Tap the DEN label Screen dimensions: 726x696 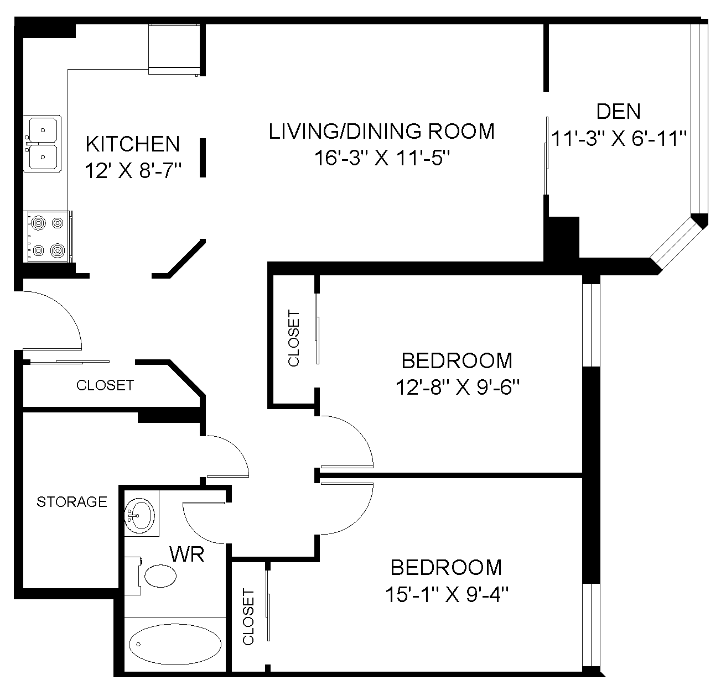pyautogui.click(x=618, y=112)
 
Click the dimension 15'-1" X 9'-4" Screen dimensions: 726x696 pyautogui.click(x=447, y=594)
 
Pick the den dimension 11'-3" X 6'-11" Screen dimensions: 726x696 pyautogui.click(x=619, y=139)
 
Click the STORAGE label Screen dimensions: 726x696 pyautogui.click(x=71, y=502)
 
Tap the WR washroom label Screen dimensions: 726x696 pyautogui.click(x=187, y=554)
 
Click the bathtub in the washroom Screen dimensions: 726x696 pyautogui.click(x=175, y=644)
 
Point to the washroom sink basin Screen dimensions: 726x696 pyautogui.click(x=139, y=515)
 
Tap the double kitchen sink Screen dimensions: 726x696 pyautogui.click(x=42, y=144)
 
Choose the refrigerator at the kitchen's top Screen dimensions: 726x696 pyautogui.click(x=174, y=49)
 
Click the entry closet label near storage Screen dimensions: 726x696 pyautogui.click(x=105, y=385)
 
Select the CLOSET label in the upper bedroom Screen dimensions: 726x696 pyautogui.click(x=294, y=338)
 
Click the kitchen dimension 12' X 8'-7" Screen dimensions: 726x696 pyautogui.click(x=133, y=171)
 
